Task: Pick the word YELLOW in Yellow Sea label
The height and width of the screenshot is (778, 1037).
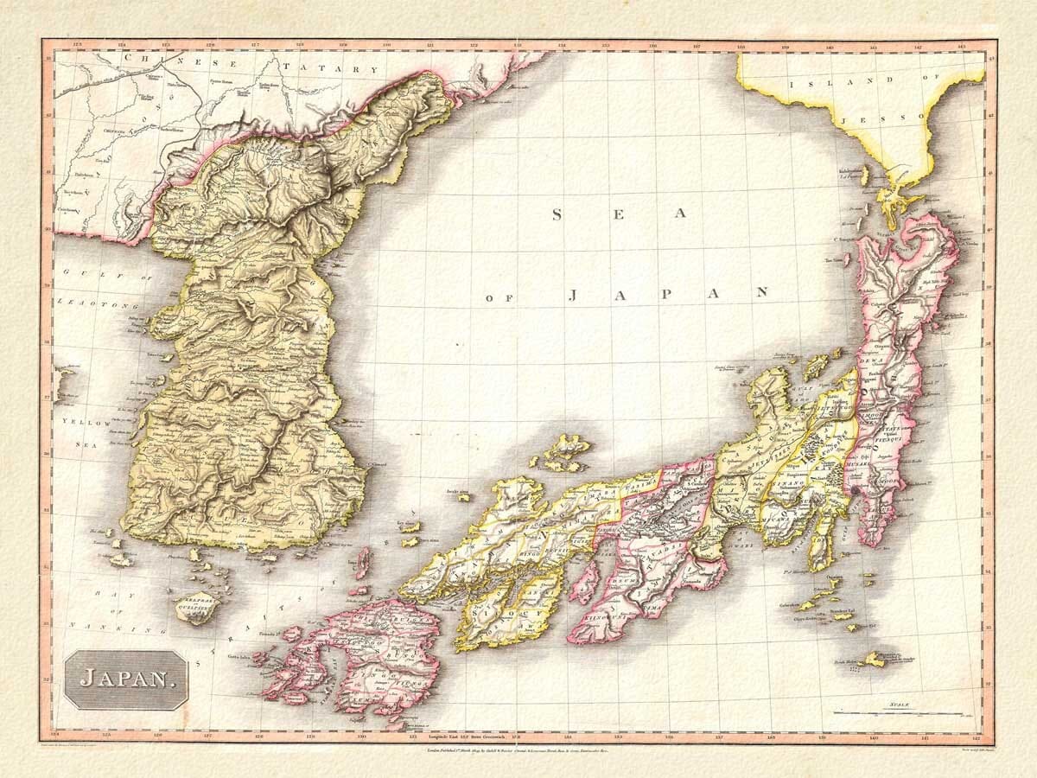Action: tap(86, 422)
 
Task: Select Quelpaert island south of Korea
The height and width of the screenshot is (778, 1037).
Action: tap(197, 607)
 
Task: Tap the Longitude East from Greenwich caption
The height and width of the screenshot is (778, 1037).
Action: tap(479, 739)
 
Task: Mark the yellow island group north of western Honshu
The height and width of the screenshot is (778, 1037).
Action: tap(563, 452)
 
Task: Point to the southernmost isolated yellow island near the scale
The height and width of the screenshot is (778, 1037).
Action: tap(873, 659)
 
